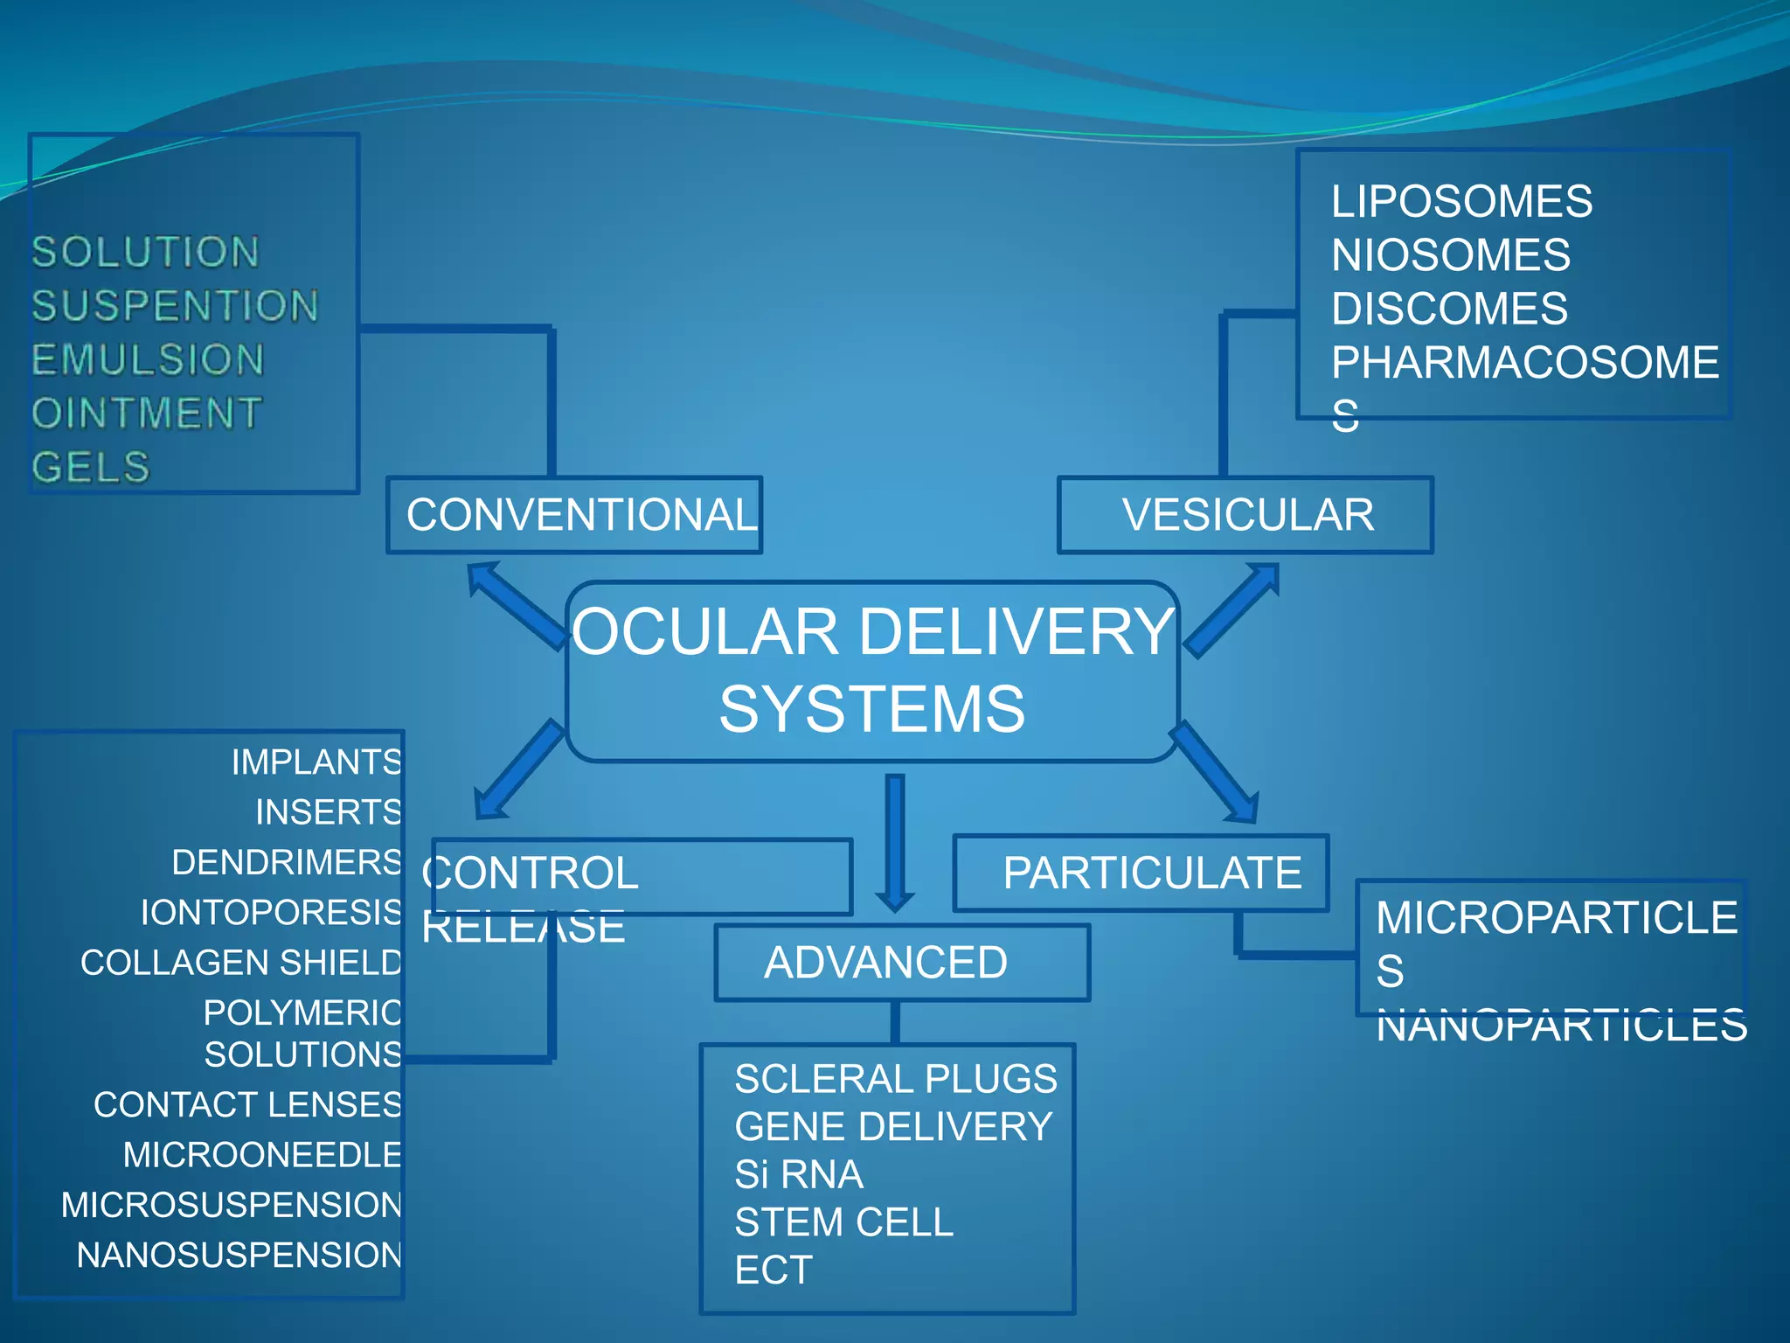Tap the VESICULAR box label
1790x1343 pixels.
(x=1246, y=515)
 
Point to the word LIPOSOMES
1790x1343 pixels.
(x=1461, y=202)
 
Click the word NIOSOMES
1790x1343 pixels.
(x=1450, y=255)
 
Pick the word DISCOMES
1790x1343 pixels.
(x=1449, y=309)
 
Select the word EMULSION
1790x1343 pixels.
(x=148, y=360)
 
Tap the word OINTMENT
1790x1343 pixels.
(x=147, y=414)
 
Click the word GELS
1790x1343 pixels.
(x=91, y=467)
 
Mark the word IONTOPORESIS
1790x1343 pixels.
(x=272, y=913)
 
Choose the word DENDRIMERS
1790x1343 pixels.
(x=287, y=862)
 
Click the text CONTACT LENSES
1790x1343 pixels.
(x=247, y=1105)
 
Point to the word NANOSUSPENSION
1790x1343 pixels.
(x=239, y=1256)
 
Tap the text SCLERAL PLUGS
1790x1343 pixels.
(x=895, y=1079)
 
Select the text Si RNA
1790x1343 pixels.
(x=798, y=1174)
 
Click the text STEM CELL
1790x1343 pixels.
(x=843, y=1222)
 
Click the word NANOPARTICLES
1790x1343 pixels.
(x=1561, y=1026)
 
